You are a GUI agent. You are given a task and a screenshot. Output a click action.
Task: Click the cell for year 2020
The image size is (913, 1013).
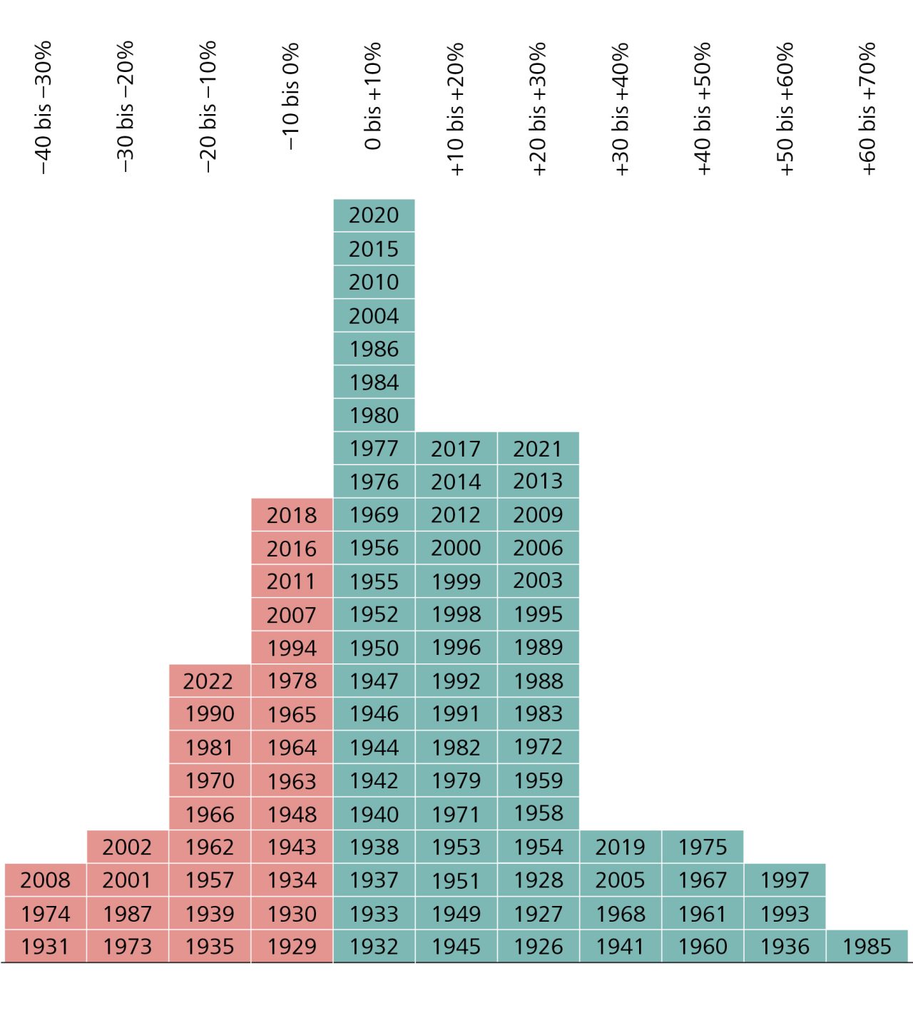point(374,215)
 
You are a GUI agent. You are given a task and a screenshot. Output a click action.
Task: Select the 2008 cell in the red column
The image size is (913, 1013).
point(45,880)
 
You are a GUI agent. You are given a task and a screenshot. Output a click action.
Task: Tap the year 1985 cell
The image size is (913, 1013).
point(867,947)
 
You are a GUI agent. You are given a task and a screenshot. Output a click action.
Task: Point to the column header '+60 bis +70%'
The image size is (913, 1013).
point(867,108)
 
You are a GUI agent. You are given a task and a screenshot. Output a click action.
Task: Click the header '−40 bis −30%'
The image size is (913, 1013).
point(44,107)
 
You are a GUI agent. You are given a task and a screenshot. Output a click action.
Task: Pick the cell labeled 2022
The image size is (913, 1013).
point(209,681)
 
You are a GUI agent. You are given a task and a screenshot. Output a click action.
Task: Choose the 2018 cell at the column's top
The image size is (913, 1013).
point(292,515)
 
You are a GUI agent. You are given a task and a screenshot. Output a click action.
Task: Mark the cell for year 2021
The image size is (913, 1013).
point(538,449)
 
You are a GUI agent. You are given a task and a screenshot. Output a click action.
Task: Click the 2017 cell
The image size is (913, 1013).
point(456,449)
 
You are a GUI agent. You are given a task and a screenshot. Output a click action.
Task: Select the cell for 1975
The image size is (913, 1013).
point(703,847)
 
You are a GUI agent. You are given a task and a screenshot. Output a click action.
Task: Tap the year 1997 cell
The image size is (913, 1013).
point(785,880)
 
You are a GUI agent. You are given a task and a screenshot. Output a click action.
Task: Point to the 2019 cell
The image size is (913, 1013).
point(620,847)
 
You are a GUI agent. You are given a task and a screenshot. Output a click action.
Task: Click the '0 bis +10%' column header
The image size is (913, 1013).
point(373,96)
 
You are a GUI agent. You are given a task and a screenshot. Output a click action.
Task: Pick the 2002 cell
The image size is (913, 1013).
point(127,847)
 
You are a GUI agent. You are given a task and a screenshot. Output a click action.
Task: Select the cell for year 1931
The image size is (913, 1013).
point(45,947)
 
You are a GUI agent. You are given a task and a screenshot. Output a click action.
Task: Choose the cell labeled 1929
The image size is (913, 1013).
point(292,947)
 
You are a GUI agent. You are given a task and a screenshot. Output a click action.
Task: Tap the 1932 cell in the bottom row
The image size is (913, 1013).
point(374,947)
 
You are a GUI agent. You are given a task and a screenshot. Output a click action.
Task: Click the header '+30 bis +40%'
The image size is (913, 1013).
point(621,108)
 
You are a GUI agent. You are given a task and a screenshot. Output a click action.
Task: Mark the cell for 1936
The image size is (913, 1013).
point(785,947)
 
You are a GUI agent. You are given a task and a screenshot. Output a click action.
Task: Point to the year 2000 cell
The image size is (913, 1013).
point(456,548)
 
